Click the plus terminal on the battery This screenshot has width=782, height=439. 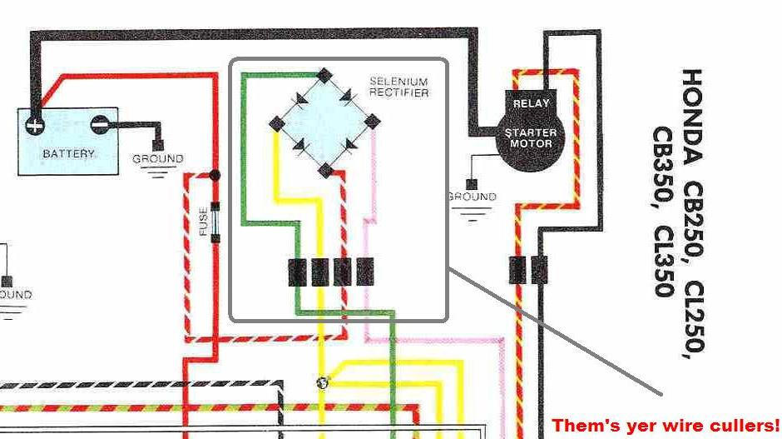tap(34, 126)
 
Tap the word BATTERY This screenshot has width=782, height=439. tap(68, 154)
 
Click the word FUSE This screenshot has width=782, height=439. tap(203, 221)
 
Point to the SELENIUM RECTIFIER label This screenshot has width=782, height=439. tap(398, 87)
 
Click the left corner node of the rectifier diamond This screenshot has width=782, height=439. tap(276, 123)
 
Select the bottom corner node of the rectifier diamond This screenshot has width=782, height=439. tap(324, 171)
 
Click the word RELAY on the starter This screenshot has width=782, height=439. tap(531, 104)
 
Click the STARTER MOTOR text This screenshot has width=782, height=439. tap(531, 137)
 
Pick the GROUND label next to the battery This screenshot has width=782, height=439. tap(157, 158)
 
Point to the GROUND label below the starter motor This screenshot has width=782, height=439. tap(472, 197)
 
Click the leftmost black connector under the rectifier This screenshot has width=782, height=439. tap(298, 272)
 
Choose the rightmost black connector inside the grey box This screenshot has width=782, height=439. tap(365, 272)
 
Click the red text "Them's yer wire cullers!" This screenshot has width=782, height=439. tap(666, 425)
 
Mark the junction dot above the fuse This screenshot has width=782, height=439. tap(215, 176)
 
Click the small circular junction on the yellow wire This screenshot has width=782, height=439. tap(323, 382)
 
